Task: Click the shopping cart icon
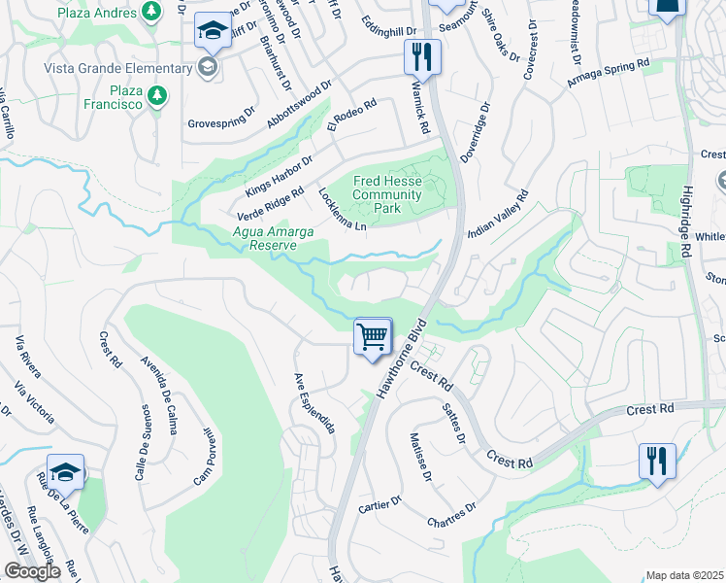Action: point(373,337)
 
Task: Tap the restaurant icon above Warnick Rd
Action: point(422,55)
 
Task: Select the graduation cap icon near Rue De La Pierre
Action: point(65,472)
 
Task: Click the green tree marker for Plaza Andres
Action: point(150,11)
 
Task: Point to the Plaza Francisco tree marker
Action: point(156,95)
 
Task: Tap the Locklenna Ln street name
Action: point(343,210)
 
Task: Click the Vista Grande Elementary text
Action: point(131,67)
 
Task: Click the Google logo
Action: point(31,571)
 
